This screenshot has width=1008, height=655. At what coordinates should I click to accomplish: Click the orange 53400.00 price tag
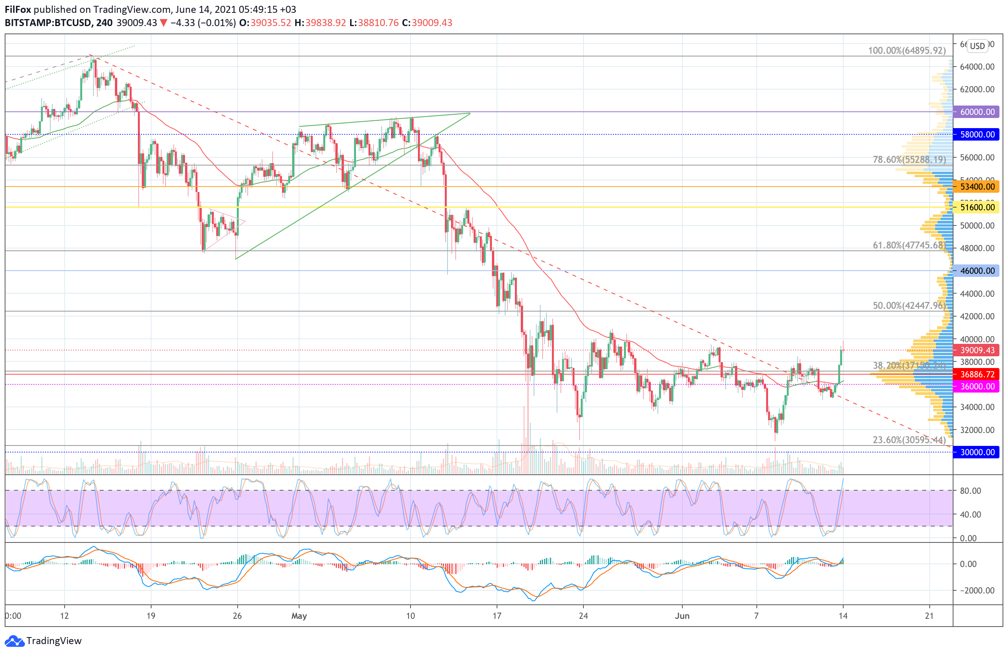(977, 187)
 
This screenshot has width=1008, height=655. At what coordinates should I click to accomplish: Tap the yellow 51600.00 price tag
(977, 208)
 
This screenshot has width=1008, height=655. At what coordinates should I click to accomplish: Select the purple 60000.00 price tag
(977, 112)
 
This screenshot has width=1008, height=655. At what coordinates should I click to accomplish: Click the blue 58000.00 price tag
(977, 135)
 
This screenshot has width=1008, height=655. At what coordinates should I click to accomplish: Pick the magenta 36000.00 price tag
(977, 386)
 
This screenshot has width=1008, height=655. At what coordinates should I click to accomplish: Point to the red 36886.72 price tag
(977, 374)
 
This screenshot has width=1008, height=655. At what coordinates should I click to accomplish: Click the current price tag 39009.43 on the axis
(977, 350)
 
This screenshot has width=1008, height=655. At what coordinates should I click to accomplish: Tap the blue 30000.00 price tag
(977, 452)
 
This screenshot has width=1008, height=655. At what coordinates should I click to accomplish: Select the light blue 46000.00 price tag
(977, 271)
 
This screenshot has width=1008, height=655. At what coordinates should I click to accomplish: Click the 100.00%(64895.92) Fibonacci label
(906, 50)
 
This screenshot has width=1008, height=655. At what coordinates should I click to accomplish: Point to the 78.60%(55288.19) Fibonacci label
(909, 160)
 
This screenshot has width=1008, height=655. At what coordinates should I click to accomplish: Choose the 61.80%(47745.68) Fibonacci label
(909, 245)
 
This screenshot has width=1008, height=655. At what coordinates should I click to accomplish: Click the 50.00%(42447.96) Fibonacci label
(909, 306)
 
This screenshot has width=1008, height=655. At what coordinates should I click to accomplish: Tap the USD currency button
(978, 46)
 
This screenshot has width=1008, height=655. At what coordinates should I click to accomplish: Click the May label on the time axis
(299, 616)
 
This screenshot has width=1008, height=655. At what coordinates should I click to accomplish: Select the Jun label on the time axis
(682, 616)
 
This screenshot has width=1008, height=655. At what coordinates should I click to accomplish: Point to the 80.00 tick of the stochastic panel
(970, 491)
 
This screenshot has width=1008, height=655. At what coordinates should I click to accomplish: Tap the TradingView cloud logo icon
(14, 641)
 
